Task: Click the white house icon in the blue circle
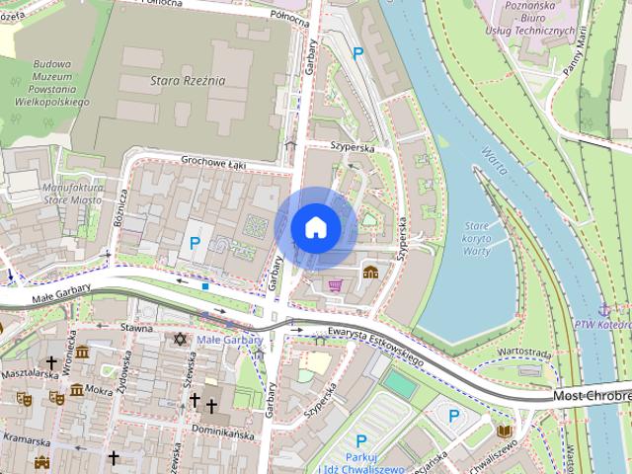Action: pos(316,227)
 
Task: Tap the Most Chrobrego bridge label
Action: pos(591,395)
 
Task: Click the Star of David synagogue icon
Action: pos(180,339)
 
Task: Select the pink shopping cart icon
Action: pos(335,285)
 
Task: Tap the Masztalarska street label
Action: pos(30,374)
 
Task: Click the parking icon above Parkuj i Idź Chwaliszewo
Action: pos(361,441)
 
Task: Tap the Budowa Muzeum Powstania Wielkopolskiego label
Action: pos(54,76)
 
